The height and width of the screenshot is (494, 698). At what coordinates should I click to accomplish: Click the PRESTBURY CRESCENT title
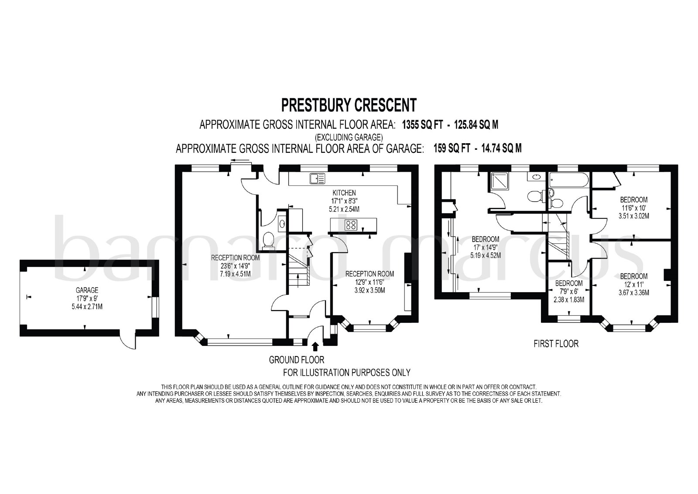click(x=349, y=105)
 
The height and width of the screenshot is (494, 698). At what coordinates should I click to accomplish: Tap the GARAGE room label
click(x=87, y=290)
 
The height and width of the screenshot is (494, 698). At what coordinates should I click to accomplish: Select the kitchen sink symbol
click(x=317, y=179)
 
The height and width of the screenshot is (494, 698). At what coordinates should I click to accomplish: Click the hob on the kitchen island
click(x=351, y=225)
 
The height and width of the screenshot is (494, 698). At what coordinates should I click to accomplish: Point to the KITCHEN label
click(x=344, y=193)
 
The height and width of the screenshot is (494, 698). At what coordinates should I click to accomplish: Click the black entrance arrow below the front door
click(x=315, y=346)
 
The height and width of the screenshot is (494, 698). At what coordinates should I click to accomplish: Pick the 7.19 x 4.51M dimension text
click(x=235, y=274)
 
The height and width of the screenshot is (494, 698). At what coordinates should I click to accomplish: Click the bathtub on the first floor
click(x=569, y=180)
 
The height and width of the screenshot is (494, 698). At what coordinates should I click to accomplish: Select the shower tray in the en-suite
click(x=500, y=181)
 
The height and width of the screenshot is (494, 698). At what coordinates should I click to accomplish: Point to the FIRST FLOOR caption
click(x=556, y=344)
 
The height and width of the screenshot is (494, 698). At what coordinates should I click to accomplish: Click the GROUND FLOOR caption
click(x=297, y=360)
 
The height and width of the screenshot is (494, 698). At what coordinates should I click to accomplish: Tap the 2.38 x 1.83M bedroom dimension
click(x=569, y=300)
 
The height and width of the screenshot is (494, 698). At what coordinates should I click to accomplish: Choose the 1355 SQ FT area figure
click(x=423, y=125)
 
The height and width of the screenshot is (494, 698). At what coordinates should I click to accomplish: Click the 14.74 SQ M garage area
click(x=501, y=148)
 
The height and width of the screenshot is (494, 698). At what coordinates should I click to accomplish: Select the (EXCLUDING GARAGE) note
click(x=349, y=137)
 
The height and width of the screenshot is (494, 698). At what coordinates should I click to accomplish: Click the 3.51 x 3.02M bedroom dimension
click(x=634, y=216)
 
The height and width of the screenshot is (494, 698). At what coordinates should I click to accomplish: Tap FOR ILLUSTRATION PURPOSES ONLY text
click(x=346, y=373)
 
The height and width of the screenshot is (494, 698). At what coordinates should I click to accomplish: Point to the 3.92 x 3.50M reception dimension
click(x=370, y=290)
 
